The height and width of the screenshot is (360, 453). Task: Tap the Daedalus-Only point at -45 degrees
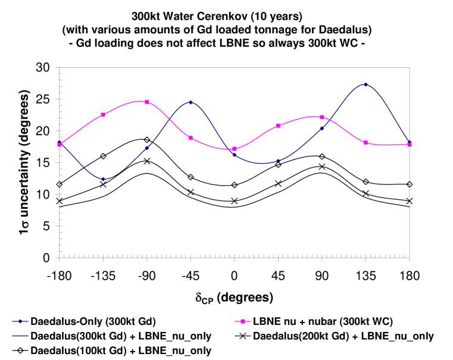pos(190,102)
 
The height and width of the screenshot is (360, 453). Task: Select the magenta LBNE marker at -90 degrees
pos(146,102)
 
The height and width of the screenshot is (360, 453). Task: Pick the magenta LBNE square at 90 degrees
pos(322,117)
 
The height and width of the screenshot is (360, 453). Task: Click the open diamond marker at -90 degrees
pos(146,140)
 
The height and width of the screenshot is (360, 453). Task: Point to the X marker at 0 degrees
pos(235,201)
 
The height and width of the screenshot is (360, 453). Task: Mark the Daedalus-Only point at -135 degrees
pos(103,179)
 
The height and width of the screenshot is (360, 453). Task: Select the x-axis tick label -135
pos(103,276)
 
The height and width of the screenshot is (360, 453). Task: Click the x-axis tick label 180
pos(410,276)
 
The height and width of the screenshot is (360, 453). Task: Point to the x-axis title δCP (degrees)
pos(234,297)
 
